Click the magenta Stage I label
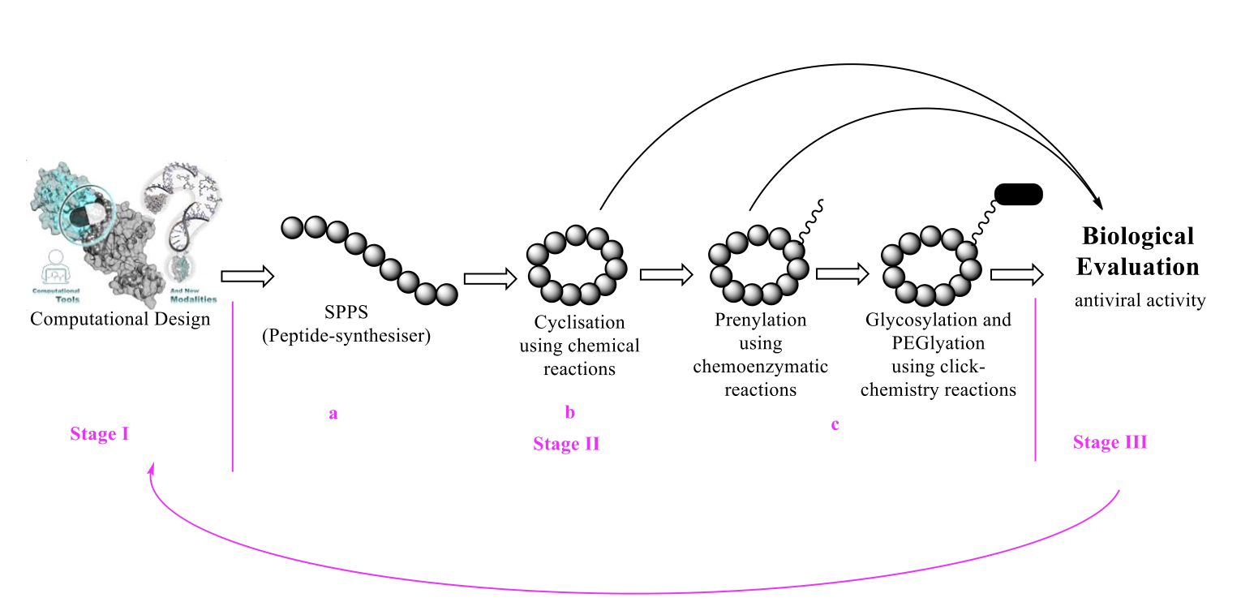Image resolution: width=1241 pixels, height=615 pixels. click(x=100, y=434)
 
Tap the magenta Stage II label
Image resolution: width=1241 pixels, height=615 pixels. click(x=566, y=444)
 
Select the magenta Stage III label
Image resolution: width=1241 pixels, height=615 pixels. click(x=1110, y=442)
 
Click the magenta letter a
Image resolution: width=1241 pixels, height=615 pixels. click(x=333, y=414)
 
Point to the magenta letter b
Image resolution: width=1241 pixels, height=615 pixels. click(x=569, y=413)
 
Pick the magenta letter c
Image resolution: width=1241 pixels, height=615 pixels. click(x=835, y=424)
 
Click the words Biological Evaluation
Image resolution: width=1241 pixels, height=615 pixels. click(x=1138, y=251)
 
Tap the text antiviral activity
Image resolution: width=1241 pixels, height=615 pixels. click(x=1140, y=301)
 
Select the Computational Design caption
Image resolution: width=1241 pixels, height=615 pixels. click(x=120, y=319)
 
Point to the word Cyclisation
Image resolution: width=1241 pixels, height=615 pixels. click(x=579, y=323)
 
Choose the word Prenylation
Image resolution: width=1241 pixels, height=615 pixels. click(x=760, y=320)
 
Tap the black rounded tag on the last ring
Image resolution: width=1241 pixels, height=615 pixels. click(x=1017, y=194)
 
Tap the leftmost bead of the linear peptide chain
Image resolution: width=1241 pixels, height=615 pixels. click(x=293, y=228)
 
